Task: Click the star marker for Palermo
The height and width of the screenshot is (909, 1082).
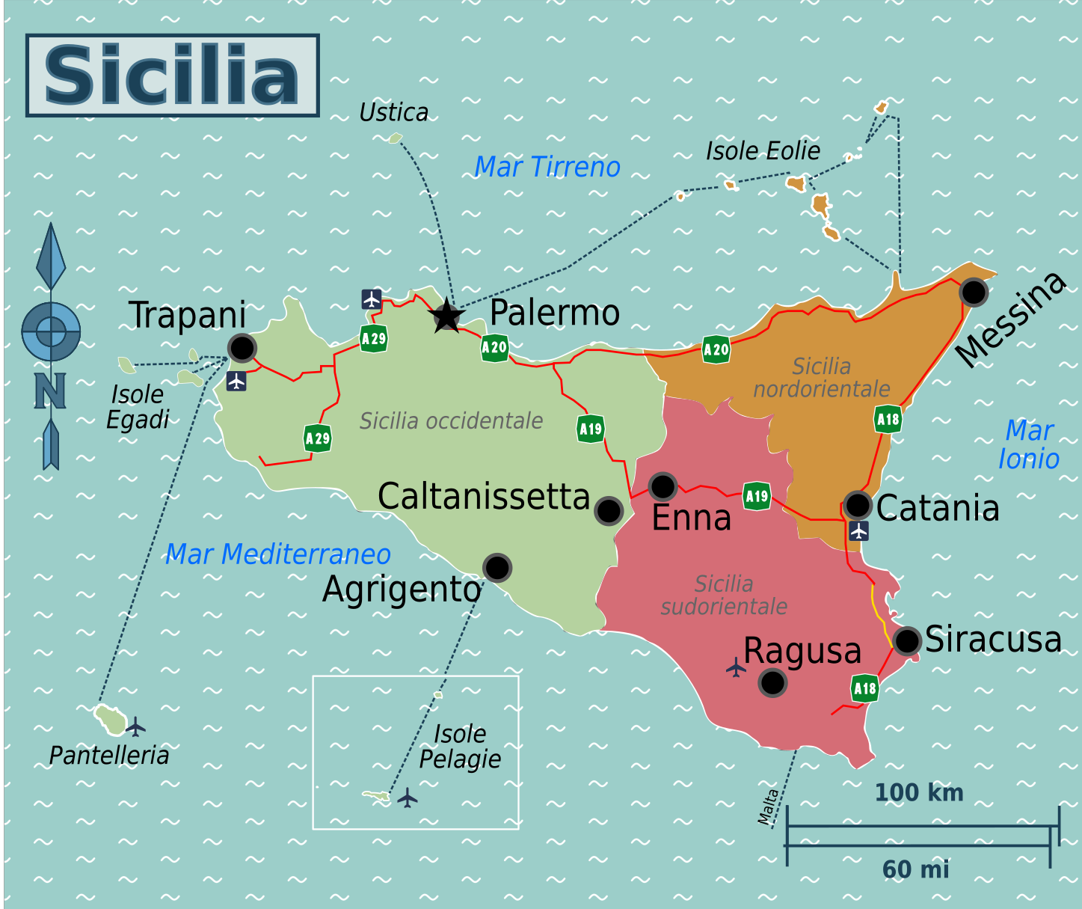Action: click(x=447, y=316)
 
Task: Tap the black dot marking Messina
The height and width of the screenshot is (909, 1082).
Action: click(x=974, y=292)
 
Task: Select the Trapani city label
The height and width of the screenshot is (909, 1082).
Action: click(x=187, y=315)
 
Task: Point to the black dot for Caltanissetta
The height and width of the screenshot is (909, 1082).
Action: click(x=609, y=511)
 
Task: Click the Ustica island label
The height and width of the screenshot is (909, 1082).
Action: click(x=393, y=113)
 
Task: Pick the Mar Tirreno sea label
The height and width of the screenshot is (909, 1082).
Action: click(x=547, y=167)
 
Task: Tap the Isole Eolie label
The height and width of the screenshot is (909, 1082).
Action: click(x=763, y=151)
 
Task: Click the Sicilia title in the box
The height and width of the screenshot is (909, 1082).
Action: click(x=172, y=76)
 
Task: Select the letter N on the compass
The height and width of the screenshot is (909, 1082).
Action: click(x=50, y=391)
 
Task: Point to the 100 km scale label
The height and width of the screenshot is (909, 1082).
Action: click(x=919, y=793)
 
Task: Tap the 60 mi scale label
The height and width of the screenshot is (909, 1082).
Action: click(x=915, y=869)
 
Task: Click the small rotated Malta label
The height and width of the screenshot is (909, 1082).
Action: click(x=768, y=807)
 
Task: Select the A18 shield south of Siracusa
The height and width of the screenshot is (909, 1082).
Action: click(x=865, y=688)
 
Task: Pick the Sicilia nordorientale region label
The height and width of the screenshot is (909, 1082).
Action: click(x=821, y=378)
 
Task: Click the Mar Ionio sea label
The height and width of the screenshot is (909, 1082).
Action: click(x=1029, y=444)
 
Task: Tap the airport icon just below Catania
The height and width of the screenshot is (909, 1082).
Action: click(x=859, y=530)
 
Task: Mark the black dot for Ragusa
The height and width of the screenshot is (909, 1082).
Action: click(x=772, y=682)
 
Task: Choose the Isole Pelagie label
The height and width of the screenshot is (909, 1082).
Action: click(x=460, y=747)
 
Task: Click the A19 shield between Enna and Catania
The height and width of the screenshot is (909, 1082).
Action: click(x=757, y=496)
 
